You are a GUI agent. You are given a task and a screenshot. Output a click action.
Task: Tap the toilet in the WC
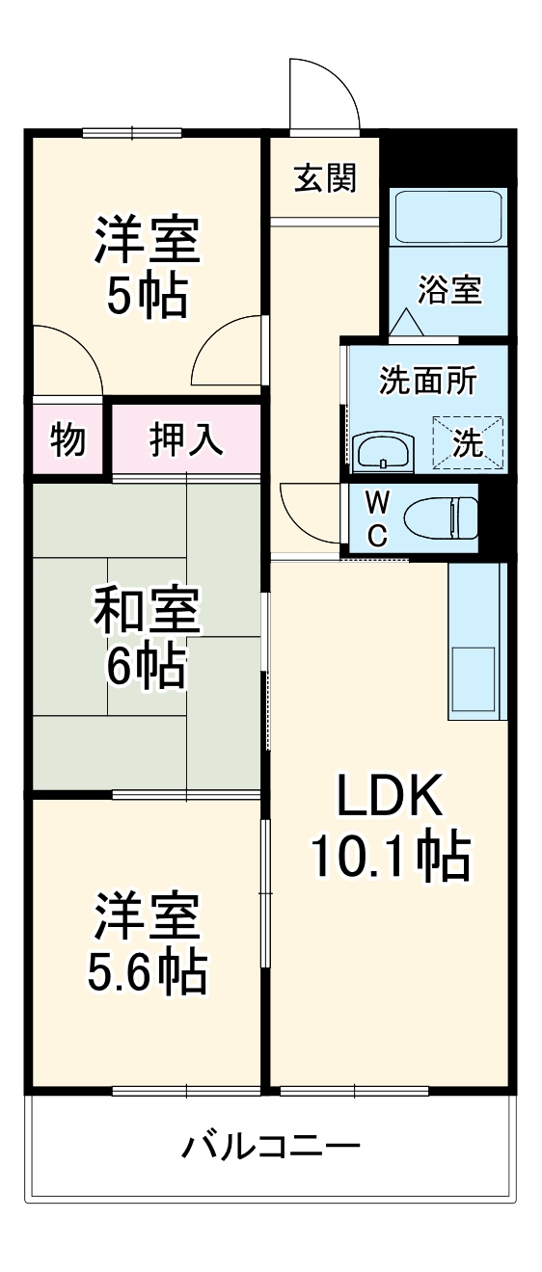[x=440, y=518]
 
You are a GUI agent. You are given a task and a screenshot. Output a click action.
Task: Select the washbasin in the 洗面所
[x=383, y=451]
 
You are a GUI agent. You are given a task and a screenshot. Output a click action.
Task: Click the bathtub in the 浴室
[x=448, y=217]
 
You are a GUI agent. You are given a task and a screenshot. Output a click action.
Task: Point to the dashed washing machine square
[x=468, y=442]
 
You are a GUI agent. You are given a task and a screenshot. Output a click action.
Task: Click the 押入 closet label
[x=187, y=439]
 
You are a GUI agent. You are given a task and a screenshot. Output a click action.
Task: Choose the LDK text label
[x=389, y=796]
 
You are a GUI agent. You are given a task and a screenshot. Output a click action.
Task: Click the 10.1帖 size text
[x=390, y=856]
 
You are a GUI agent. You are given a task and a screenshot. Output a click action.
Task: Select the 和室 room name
[x=147, y=611]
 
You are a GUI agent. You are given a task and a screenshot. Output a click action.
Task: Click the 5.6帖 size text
[x=147, y=973]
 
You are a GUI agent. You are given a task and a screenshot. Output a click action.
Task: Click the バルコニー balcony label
[x=271, y=1147]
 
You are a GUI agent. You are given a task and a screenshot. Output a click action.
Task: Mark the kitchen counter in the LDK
[x=476, y=641]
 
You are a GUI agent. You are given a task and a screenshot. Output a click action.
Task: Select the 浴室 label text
[x=449, y=289]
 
